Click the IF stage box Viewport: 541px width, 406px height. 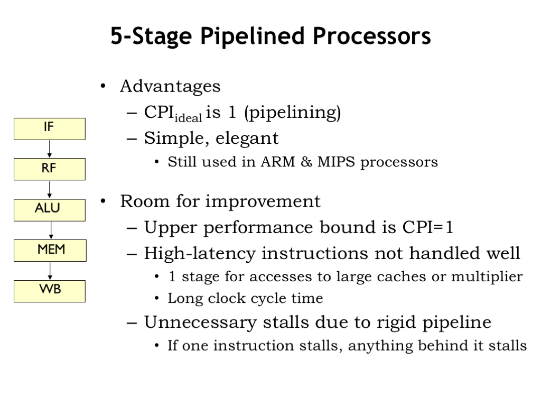[x=49, y=129]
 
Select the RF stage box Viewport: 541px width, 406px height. [x=49, y=170]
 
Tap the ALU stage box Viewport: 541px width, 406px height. [x=49, y=210]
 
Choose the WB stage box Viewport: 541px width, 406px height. [x=49, y=291]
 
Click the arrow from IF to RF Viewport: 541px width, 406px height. [x=49, y=149]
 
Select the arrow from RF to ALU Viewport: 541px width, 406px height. [x=49, y=190]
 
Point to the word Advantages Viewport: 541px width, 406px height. [x=170, y=86]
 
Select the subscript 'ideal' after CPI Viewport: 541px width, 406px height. [x=188, y=118]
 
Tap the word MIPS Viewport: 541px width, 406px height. [x=336, y=162]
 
